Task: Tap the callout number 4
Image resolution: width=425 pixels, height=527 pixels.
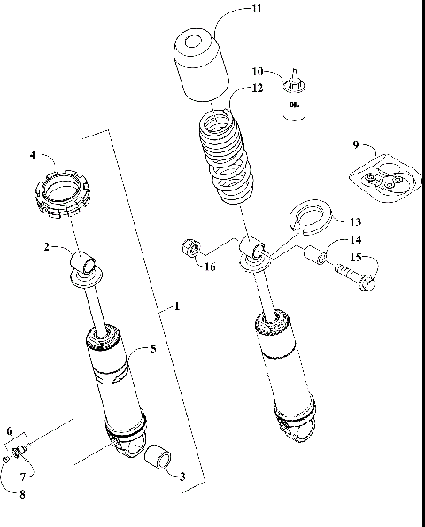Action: click(32, 155)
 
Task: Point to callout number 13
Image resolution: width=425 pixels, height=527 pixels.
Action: click(355, 221)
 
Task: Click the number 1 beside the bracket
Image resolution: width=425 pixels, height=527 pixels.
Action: click(177, 306)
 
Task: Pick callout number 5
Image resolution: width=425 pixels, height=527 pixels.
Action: click(153, 348)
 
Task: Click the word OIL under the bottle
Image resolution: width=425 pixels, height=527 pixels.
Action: click(294, 105)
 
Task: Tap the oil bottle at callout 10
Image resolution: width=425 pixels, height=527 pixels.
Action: click(294, 84)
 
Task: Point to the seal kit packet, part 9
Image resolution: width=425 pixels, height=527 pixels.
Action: click(383, 179)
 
